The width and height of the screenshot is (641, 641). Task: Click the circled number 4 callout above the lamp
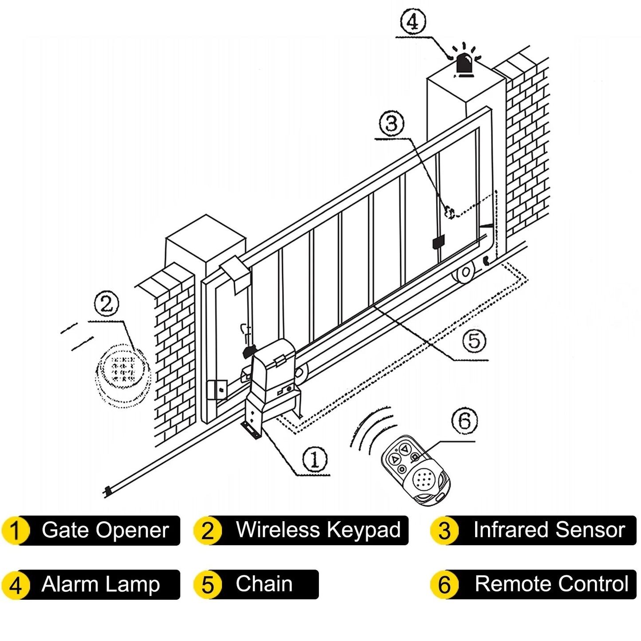click(413, 21)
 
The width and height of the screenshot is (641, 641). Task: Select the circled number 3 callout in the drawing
click(392, 123)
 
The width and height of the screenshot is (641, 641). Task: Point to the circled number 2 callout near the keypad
click(106, 304)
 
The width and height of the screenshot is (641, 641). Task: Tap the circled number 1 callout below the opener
click(315, 459)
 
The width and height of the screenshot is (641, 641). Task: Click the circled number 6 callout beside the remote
click(464, 421)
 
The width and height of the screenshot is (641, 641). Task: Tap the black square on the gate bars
click(439, 243)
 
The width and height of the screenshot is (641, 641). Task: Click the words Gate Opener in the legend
click(105, 530)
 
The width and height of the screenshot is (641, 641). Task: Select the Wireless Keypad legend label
click(318, 530)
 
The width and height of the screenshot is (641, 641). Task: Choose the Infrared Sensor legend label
click(549, 530)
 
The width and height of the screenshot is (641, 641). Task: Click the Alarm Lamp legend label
click(101, 584)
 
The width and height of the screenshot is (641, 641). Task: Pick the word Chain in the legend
click(264, 584)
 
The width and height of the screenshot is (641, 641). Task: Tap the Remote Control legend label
click(551, 584)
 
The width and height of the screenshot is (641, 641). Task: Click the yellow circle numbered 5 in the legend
click(208, 585)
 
